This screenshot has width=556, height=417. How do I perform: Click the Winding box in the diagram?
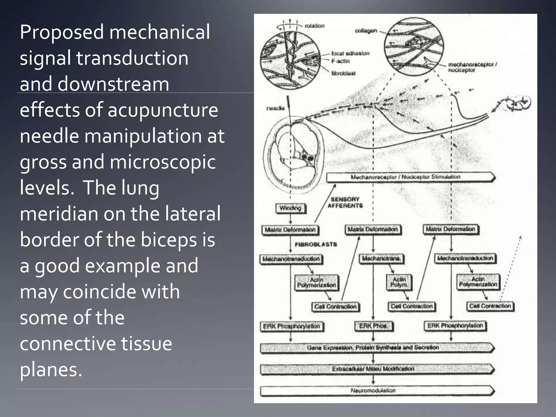(x=290, y=208)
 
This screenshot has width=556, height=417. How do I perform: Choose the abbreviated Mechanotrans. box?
(x=381, y=258)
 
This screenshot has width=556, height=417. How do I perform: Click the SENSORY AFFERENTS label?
(x=345, y=203)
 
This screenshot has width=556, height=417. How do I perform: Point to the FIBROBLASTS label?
(x=316, y=244)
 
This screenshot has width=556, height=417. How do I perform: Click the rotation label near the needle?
(x=315, y=26)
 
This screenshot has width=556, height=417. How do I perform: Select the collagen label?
(x=366, y=31)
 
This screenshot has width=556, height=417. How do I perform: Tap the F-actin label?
(x=340, y=61)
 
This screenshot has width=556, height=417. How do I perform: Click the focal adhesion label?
(x=350, y=53)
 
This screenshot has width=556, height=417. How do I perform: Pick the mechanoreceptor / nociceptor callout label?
(x=472, y=67)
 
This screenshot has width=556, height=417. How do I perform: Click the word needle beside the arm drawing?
(x=275, y=108)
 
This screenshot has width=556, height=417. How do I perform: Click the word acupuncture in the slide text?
(x=163, y=110)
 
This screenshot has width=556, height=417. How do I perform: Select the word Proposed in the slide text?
(x=62, y=32)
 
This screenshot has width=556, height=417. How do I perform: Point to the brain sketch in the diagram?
(x=519, y=103)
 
